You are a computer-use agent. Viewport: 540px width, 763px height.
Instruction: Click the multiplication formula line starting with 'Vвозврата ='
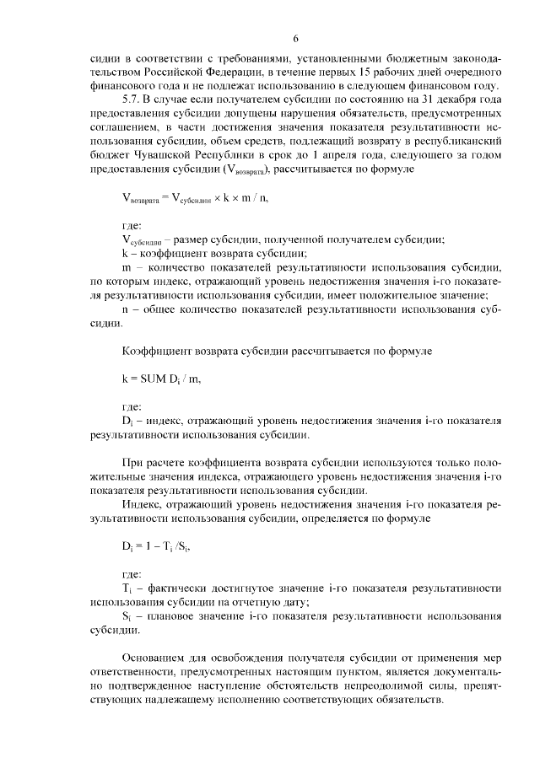click(x=198, y=196)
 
